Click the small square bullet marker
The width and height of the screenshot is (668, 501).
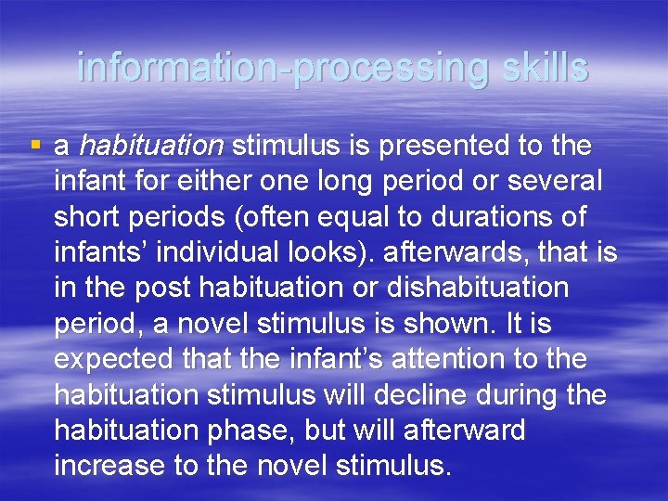click(x=35, y=146)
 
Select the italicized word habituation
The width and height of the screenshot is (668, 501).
click(x=151, y=147)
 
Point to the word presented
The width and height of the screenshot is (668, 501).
click(x=423, y=147)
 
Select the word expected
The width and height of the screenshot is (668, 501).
click(x=114, y=359)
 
